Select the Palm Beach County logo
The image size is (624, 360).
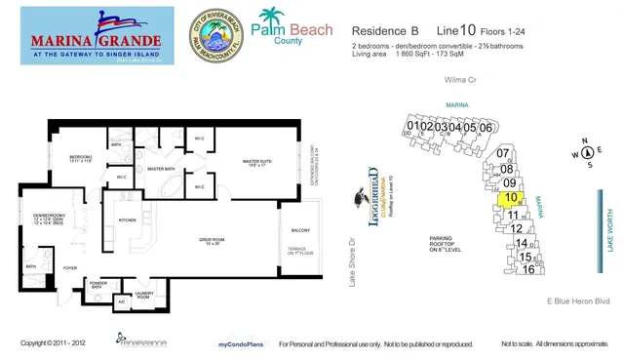coord(290,30)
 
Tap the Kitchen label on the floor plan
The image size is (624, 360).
coord(127,220)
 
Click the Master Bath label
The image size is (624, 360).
coord(160,169)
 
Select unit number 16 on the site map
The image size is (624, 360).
coord(528,269)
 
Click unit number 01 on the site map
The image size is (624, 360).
coord(414,126)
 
